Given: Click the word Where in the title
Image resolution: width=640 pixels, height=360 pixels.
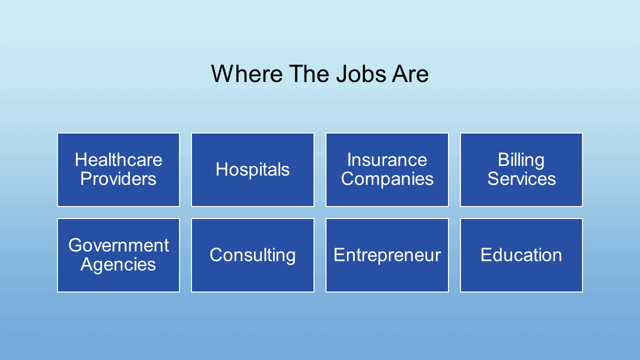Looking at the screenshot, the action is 247,73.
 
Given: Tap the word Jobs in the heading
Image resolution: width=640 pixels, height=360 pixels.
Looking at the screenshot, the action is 361,73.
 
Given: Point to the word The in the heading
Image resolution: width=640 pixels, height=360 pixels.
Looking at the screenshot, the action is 309,73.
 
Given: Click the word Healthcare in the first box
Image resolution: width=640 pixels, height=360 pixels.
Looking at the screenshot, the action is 118,159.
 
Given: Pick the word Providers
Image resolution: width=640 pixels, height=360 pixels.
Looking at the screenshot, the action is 118,178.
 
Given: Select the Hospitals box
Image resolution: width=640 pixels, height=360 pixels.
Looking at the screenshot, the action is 253,169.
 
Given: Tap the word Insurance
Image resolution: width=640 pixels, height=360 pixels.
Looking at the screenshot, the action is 387,159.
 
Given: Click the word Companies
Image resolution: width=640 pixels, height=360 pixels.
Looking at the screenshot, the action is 387,179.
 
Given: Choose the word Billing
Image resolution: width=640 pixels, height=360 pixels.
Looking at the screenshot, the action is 521,160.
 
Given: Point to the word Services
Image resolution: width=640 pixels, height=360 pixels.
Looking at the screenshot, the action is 521,178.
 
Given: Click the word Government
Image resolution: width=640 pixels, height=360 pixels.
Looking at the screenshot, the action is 118,245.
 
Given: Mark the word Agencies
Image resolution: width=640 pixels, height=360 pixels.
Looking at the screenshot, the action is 118,265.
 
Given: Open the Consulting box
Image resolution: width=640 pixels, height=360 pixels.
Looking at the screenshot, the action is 253,255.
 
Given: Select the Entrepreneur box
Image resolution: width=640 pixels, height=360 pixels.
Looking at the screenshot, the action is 387,255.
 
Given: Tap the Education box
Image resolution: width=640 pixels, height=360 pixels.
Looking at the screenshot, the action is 521,255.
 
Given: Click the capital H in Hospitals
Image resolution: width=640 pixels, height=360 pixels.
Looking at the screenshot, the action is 222,169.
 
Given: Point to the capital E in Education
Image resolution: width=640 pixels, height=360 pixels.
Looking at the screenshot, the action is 486,254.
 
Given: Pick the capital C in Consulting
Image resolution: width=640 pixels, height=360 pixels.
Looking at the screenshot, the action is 216,254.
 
